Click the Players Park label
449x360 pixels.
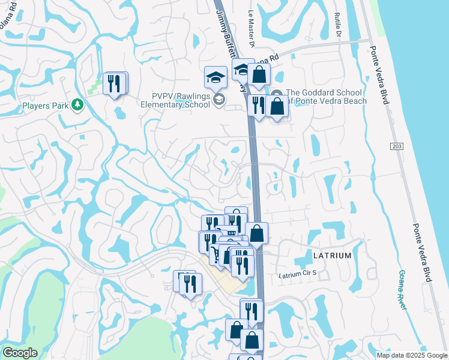pos(45,106)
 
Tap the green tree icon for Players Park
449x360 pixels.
pos(77,106)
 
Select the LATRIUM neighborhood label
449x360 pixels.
pos(332,256)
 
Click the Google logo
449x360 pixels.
pos(20,353)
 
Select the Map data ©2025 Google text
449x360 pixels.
pos(412,355)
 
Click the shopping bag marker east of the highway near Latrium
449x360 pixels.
pos(256,233)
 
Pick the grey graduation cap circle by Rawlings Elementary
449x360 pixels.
pos(219,100)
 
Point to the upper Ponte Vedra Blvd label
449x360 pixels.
pos(375,71)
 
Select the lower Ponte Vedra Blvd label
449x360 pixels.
pos(422,251)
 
